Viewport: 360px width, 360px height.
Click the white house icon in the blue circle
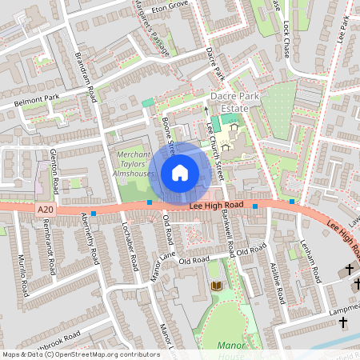tap(179, 172)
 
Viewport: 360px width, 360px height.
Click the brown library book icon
tap(215, 286)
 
